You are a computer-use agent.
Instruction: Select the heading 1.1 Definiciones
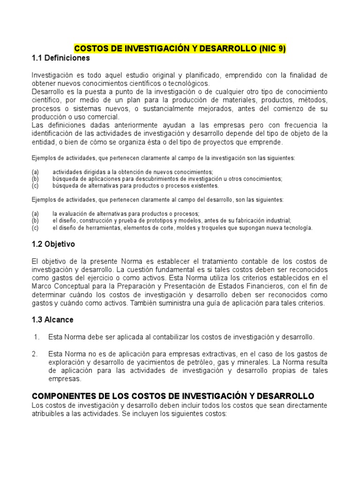(x=60, y=59)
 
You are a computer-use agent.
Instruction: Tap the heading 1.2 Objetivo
(x=53, y=244)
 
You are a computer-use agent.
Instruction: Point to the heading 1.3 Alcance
(x=52, y=320)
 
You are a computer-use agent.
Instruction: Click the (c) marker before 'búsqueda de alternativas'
(x=35, y=186)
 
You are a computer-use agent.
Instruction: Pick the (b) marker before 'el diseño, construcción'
(x=35, y=220)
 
